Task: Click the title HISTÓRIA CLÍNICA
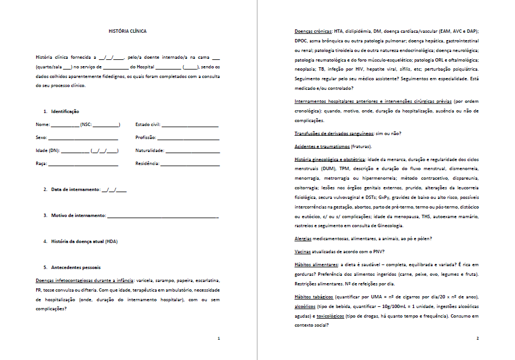[x=127, y=31]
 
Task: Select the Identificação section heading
[x=65, y=111]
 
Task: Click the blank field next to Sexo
[x=83, y=138]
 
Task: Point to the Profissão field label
[x=145, y=137]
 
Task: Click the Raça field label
[x=41, y=163]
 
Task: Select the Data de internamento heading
[x=75, y=189]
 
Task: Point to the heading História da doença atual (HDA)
[x=84, y=241]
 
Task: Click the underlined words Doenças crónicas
[x=313, y=31]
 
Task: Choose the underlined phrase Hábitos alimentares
[x=316, y=264]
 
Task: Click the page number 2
[x=478, y=338]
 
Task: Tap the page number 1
[x=219, y=338]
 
